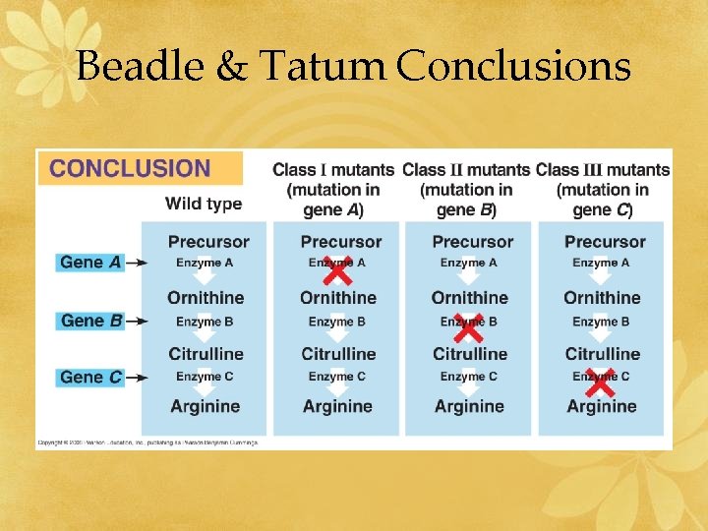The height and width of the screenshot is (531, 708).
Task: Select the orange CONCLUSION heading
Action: tap(130, 168)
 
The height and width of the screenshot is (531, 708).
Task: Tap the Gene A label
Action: tap(90, 262)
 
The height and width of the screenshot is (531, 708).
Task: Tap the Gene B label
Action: tap(90, 321)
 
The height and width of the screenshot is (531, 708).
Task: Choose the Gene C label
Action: tap(90, 377)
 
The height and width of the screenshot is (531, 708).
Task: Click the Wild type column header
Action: tap(203, 204)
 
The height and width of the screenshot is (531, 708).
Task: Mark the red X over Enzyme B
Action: tap(468, 323)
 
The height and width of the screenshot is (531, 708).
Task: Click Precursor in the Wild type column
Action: tap(208, 242)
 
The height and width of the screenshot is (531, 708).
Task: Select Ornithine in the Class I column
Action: tap(338, 298)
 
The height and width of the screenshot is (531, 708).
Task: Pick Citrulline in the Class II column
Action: tap(470, 354)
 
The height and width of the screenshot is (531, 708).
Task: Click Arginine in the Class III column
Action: tap(602, 406)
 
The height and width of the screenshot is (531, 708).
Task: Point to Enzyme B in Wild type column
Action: tap(205, 322)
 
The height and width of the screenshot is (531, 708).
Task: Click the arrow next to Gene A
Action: tap(138, 263)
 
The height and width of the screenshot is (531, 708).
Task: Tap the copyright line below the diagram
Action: tap(147, 443)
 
